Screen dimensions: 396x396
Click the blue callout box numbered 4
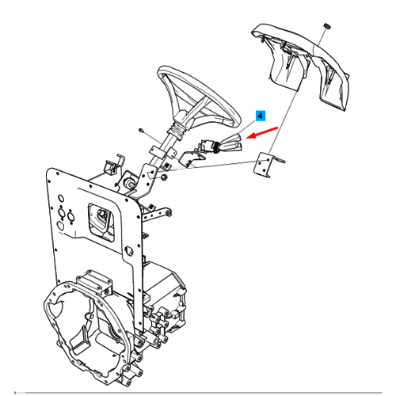(x=261, y=116)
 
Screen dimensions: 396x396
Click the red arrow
(x=261, y=132)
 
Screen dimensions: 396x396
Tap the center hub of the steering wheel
(x=181, y=116)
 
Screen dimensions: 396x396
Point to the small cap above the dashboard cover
(x=327, y=26)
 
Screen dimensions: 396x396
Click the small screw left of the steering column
(x=142, y=131)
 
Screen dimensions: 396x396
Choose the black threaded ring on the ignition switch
(x=218, y=147)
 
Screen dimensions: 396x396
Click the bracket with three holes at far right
(x=264, y=165)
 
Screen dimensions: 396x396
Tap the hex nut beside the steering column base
(x=164, y=177)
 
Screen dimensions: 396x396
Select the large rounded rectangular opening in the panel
(x=101, y=223)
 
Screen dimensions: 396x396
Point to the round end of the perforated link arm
(x=168, y=211)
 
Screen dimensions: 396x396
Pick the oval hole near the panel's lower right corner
(x=129, y=251)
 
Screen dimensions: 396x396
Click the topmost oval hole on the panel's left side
(x=61, y=198)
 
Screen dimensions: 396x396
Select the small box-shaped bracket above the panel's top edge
(x=110, y=167)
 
